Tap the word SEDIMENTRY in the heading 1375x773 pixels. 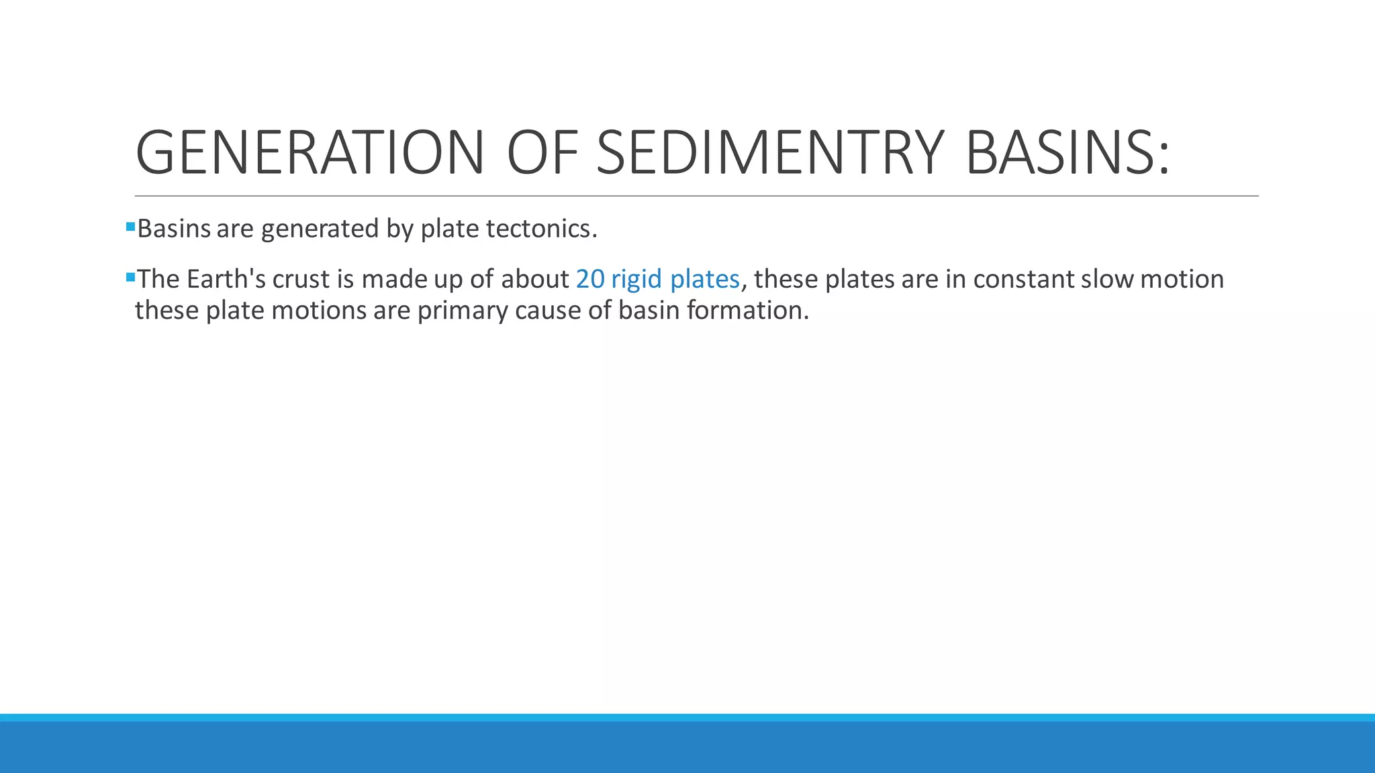(x=770, y=153)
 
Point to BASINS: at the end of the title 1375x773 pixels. (x=1067, y=153)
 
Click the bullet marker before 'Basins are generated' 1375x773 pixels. (x=130, y=227)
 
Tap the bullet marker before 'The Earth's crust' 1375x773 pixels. (x=130, y=276)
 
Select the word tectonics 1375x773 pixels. (x=541, y=229)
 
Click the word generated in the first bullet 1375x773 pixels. (x=320, y=230)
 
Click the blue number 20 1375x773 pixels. (x=590, y=279)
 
